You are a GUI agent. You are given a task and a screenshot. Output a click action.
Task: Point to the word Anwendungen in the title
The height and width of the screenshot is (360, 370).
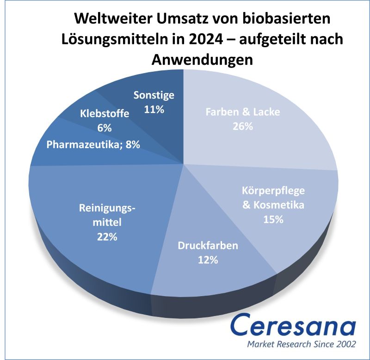click(x=202, y=60)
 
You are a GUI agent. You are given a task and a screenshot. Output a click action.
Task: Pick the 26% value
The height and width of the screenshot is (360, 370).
click(x=242, y=126)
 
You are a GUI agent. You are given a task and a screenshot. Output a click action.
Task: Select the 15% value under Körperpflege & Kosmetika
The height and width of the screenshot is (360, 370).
click(x=273, y=219)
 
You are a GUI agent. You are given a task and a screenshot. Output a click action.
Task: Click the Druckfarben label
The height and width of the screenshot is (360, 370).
click(x=208, y=245)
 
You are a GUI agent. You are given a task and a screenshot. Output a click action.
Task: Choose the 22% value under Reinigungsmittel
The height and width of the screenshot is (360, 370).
click(x=107, y=237)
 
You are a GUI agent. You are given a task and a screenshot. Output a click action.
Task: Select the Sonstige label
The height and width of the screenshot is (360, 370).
click(x=154, y=95)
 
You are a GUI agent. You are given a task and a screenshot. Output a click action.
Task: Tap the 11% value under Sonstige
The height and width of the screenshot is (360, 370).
click(x=154, y=110)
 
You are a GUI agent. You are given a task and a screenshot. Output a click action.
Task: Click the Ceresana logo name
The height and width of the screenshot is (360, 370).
click(x=294, y=327)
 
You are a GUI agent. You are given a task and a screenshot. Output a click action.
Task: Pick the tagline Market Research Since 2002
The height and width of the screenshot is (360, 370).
click(x=302, y=345)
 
